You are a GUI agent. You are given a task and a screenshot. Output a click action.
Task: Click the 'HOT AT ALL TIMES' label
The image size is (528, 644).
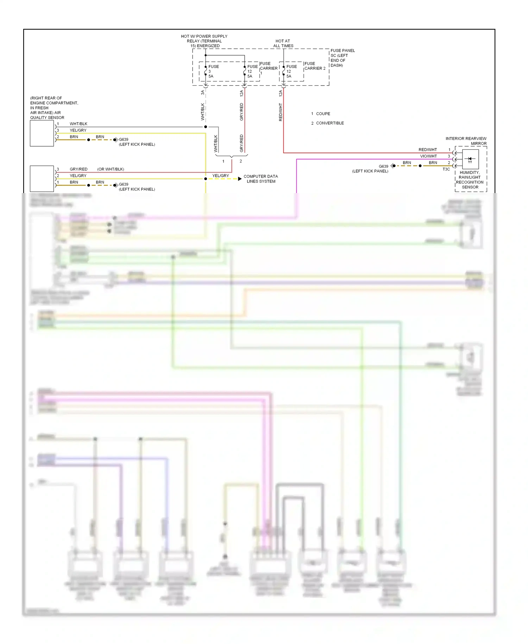coord(283,43)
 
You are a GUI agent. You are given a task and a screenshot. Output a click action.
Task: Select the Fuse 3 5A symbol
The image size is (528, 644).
coord(206,71)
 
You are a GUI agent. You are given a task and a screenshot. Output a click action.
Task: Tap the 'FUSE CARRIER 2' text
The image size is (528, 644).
coord(315,66)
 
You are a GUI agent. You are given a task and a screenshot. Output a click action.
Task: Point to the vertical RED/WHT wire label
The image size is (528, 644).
coord(281,112)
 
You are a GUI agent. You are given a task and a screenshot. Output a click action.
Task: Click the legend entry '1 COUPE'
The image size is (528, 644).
coord(321,114)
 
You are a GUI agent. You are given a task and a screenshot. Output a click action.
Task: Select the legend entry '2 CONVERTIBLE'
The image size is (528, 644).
coord(327,123)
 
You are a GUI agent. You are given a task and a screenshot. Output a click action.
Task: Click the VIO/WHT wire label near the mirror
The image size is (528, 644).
coord(428,156)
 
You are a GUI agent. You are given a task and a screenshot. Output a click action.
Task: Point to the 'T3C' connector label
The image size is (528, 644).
coord(446,169)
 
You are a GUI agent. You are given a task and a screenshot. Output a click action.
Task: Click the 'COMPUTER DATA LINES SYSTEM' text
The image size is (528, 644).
coord(260,179)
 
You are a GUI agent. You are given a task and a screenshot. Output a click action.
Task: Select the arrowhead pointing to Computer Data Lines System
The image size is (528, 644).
coord(240,179)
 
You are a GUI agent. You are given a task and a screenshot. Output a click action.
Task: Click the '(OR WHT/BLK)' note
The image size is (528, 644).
coord(111,169)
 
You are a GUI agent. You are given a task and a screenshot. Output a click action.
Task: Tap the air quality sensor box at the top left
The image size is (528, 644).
coord(42,133)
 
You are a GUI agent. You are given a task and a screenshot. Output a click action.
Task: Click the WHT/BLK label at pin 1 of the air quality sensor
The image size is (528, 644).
coord(78,124)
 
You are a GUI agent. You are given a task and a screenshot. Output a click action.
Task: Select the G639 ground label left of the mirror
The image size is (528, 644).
coord(383,166)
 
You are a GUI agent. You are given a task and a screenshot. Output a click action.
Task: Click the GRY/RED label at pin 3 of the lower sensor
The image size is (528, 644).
coord(78,169)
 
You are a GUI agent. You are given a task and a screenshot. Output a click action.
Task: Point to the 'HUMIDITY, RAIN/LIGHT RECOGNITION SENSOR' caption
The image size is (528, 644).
coord(470,180)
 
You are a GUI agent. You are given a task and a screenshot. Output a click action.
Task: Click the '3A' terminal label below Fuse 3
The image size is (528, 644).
coord(202,93)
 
